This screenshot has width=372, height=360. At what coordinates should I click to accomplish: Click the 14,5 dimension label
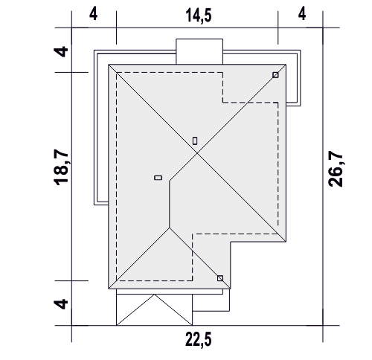(199, 16)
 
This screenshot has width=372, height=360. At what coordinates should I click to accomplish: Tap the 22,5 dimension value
(199, 340)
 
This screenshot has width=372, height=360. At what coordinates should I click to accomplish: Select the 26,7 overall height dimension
(335, 169)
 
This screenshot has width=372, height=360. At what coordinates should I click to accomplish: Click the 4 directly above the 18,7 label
(61, 51)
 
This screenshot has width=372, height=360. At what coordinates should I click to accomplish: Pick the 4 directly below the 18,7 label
(61, 304)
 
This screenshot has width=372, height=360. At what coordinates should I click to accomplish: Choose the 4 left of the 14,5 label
(93, 14)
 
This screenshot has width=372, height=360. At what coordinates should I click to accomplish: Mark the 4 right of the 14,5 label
(302, 14)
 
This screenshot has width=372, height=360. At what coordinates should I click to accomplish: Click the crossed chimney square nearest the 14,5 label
(275, 75)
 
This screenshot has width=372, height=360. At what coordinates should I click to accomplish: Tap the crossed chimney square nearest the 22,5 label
(220, 278)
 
